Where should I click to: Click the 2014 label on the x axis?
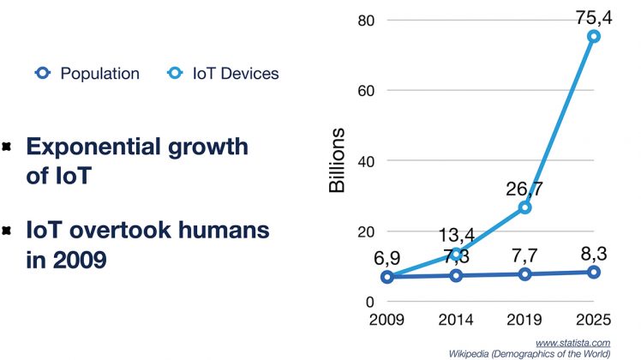[455, 321]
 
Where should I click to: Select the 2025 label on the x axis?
[593, 321]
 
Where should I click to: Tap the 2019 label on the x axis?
[524, 321]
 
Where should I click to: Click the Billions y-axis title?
[338, 160]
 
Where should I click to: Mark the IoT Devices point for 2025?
[593, 36]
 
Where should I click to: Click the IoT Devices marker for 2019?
[524, 207]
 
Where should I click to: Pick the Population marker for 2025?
[593, 272]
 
